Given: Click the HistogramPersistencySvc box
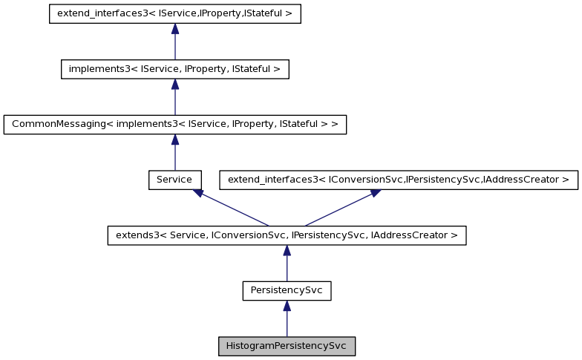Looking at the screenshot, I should [x=287, y=347].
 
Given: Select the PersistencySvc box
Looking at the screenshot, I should [x=287, y=291].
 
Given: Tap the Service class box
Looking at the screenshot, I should [x=174, y=180].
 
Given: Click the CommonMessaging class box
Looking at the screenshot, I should [x=175, y=124].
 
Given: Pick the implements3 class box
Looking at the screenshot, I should [x=174, y=69].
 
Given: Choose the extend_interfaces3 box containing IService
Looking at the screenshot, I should [x=175, y=14].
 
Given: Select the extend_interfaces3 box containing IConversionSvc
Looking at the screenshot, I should [x=398, y=180].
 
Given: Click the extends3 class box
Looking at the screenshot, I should [x=287, y=235].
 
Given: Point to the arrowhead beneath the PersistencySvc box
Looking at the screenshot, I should [x=287, y=306].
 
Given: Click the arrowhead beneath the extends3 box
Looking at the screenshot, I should [x=287, y=251].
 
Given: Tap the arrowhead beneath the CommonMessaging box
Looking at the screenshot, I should [x=175, y=140].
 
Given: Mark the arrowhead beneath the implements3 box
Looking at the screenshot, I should [x=175, y=84].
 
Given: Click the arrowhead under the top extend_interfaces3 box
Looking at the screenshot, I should [x=175, y=29].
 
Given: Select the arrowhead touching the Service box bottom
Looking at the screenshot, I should [x=198, y=193].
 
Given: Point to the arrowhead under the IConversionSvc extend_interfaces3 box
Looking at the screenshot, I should [x=375, y=193].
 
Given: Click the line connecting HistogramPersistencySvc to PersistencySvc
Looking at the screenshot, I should [x=287, y=324].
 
